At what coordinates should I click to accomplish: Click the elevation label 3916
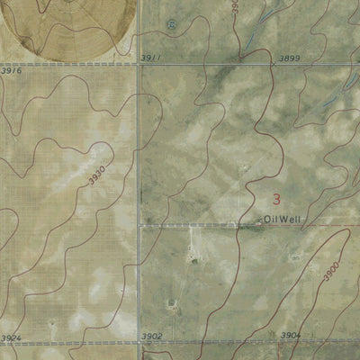click(11, 69)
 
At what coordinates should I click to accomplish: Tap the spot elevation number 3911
click(152, 58)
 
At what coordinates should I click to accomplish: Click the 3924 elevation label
click(11, 338)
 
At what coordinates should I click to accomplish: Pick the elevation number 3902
click(152, 336)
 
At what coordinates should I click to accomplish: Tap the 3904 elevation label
click(290, 335)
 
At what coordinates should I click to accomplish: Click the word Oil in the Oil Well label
click(273, 219)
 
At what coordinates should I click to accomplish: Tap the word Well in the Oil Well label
click(292, 219)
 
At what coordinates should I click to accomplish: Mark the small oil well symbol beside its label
click(261, 220)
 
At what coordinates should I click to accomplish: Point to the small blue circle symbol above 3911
click(173, 25)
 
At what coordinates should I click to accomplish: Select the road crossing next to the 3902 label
click(140, 343)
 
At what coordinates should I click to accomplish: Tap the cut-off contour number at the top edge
click(233, 5)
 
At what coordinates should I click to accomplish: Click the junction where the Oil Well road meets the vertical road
click(139, 225)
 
